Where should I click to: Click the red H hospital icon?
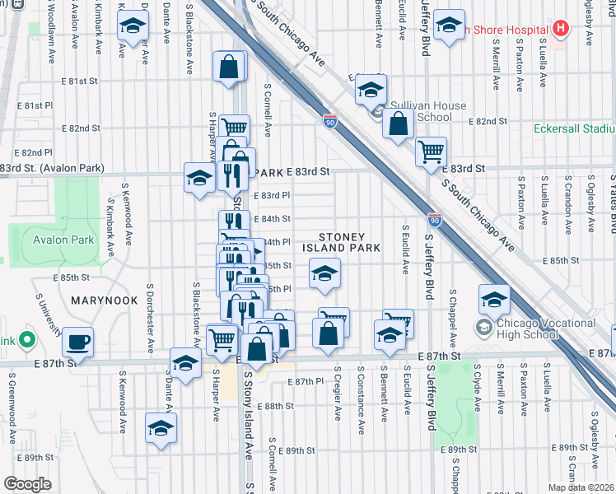coord(561,29)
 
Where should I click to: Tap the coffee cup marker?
coord(77,341)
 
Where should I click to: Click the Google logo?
coord(27,484)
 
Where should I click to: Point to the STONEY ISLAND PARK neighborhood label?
coord(341,242)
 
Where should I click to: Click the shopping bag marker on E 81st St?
coord(229,68)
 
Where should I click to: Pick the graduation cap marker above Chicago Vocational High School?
coord(494,300)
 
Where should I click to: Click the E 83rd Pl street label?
coord(272,195)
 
